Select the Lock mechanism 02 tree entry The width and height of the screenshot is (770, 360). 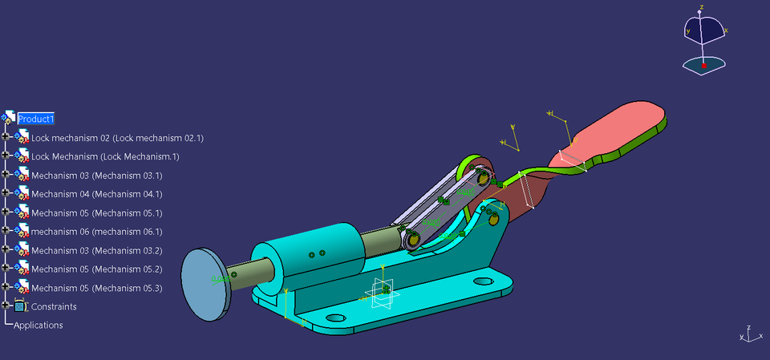pyautogui.click(x=116, y=138)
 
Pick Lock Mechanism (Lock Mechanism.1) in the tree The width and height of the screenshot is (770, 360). pyautogui.click(x=104, y=156)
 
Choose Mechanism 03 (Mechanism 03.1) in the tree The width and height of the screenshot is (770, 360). pyautogui.click(x=96, y=176)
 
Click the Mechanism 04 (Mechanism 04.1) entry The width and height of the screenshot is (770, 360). pyautogui.click(x=96, y=194)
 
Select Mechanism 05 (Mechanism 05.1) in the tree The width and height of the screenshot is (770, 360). pyautogui.click(x=96, y=213)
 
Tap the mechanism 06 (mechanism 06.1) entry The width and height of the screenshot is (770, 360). pyautogui.click(x=96, y=232)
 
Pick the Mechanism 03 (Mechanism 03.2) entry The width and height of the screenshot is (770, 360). pyautogui.click(x=96, y=251)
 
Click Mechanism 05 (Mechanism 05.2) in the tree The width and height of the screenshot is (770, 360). pyautogui.click(x=96, y=269)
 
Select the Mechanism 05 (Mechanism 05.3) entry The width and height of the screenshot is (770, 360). pyautogui.click(x=96, y=288)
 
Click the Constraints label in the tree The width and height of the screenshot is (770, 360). pyautogui.click(x=54, y=307)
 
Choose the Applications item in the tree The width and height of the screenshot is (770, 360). pyautogui.click(x=38, y=326)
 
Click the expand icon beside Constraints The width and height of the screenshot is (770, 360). pyautogui.click(x=6, y=306)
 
